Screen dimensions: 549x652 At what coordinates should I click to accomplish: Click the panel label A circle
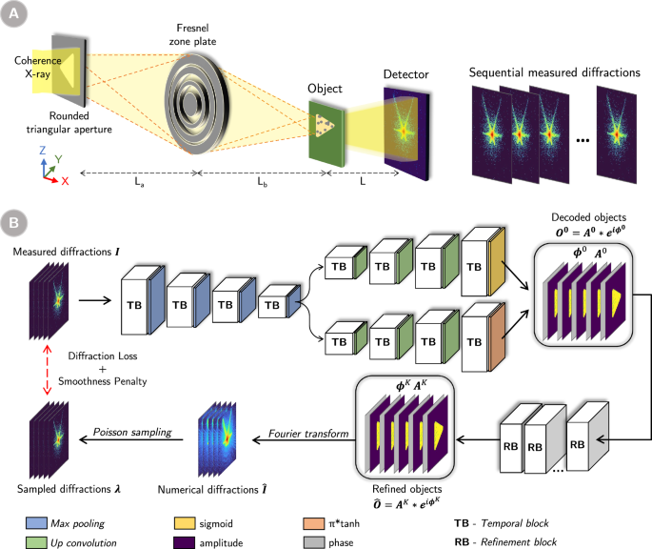pyautogui.click(x=16, y=15)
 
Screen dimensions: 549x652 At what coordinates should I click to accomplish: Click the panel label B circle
pyautogui.click(x=16, y=226)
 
